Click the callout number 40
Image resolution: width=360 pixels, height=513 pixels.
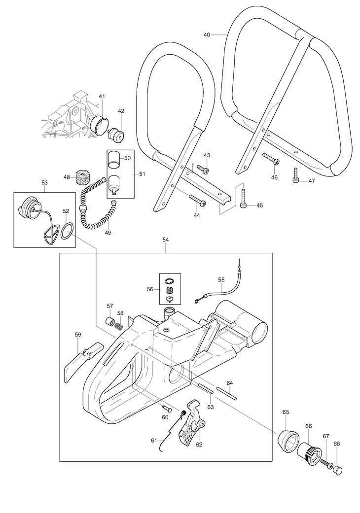pos(207,34)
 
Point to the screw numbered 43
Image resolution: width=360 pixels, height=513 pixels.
pos(203,169)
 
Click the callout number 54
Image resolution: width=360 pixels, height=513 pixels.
pos(166,240)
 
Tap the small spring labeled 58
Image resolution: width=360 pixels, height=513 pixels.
pos(120,326)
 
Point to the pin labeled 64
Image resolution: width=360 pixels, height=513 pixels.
pos(226,393)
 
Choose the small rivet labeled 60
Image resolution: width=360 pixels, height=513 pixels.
pos(167,408)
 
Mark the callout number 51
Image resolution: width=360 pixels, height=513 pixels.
pos(142,174)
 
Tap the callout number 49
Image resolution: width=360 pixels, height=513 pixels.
pos(108,233)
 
